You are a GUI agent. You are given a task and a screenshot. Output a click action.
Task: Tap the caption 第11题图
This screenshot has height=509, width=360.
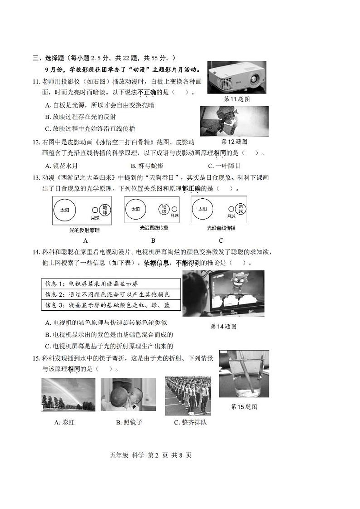click(237, 99)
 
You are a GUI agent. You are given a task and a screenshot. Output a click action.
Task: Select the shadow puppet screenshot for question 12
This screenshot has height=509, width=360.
click(234, 121)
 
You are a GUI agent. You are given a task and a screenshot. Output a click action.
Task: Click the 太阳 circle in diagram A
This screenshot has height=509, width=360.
click(66, 210)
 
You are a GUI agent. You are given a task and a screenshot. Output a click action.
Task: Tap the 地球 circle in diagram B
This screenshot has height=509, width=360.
click(164, 209)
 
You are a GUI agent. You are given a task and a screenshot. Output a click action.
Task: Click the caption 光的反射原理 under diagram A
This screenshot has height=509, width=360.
click(84, 230)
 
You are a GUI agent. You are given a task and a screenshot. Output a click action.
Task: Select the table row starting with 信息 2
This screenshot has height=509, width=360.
click(111, 294)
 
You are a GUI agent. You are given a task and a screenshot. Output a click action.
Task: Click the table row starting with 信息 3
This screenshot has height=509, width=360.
click(111, 305)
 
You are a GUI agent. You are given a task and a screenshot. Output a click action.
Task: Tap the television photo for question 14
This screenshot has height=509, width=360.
click(223, 293)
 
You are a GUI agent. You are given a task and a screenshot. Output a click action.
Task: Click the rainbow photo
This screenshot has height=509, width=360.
click(68, 395)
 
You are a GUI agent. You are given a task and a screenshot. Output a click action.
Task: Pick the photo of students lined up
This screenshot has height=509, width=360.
click(188, 396)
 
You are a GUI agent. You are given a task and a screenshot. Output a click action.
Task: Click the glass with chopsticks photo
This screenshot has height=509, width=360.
click(243, 374)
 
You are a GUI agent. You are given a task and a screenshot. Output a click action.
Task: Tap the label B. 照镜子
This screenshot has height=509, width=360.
click(129, 422)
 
